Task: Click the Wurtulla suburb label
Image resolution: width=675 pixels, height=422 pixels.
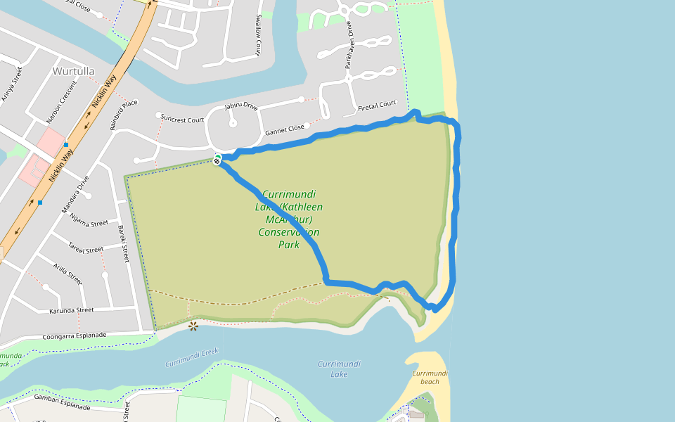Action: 73,72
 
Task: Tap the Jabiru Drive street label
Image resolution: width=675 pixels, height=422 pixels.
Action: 241,106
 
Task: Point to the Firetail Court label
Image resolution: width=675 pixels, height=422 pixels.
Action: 377,105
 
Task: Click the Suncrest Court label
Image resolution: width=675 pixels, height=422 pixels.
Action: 181,119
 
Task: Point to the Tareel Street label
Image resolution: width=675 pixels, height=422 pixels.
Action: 85,248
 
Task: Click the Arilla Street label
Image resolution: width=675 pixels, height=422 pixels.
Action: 67,274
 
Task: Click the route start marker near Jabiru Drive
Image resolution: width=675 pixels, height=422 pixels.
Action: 218,160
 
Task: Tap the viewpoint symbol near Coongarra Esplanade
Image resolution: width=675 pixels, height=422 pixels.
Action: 193,325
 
